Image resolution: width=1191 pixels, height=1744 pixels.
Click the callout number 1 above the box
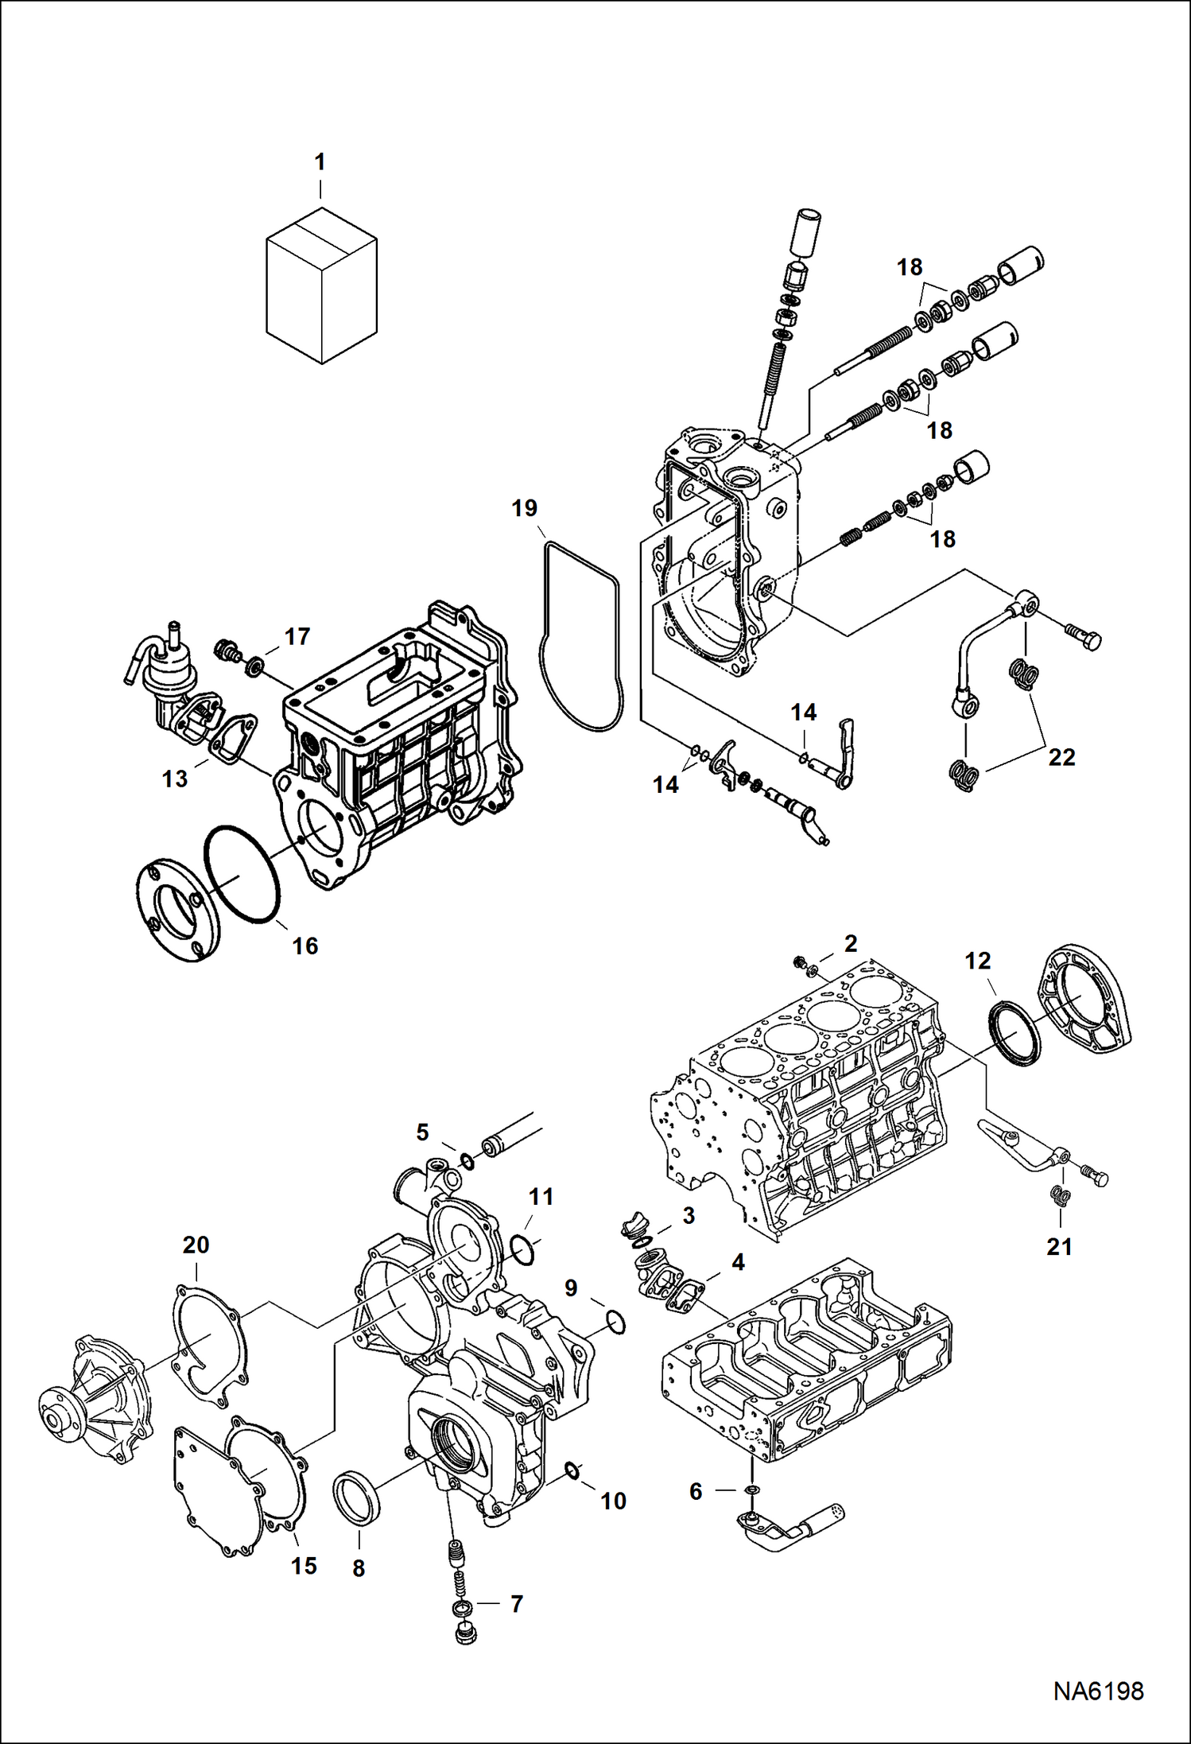(320, 162)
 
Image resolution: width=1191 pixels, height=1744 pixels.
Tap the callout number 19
(524, 508)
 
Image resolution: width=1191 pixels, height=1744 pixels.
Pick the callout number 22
(1061, 757)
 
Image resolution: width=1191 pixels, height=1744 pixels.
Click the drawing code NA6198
(1098, 1691)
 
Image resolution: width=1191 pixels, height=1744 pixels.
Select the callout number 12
(977, 961)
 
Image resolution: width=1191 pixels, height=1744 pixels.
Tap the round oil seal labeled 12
(1014, 1034)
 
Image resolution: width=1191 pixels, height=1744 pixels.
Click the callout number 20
(196, 1245)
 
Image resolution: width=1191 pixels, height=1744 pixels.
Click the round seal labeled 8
(356, 1500)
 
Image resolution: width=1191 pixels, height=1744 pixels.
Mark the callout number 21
(1059, 1247)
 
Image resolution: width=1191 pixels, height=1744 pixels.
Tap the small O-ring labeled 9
(615, 1323)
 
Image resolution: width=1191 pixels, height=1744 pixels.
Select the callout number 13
(174, 779)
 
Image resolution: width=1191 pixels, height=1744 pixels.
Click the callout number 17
(297, 636)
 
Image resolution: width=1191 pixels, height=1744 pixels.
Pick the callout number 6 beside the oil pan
(696, 1492)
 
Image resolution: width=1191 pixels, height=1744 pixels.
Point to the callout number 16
(305, 946)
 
